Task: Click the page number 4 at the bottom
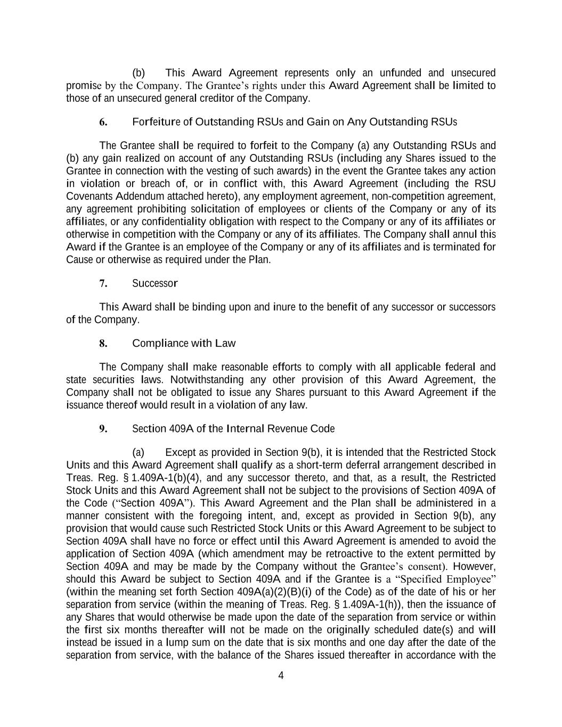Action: pyautogui.click(x=281, y=676)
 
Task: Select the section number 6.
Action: pyautogui.click(x=103, y=122)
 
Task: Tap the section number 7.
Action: pyautogui.click(x=103, y=283)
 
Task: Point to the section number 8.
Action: pyautogui.click(x=103, y=344)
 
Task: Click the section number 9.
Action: pyautogui.click(x=103, y=429)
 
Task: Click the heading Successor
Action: pyautogui.click(x=154, y=283)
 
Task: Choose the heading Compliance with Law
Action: pyautogui.click(x=183, y=344)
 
